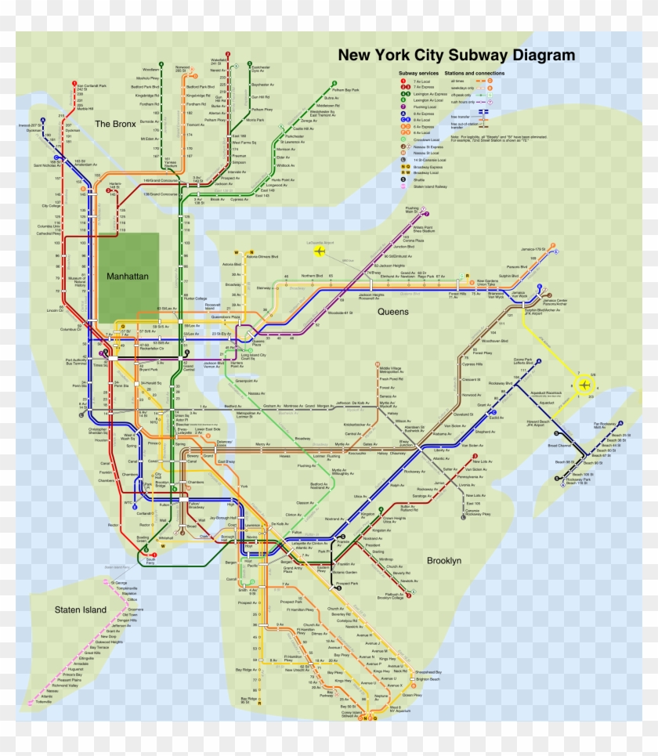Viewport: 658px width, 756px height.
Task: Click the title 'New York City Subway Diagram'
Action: point(456,55)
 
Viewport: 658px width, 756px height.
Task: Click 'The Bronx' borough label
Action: point(116,124)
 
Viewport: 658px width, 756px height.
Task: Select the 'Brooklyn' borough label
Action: point(444,561)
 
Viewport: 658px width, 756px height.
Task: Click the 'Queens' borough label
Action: point(393,311)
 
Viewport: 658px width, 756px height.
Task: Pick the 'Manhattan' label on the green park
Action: point(128,276)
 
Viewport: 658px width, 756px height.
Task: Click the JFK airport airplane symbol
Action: point(584,384)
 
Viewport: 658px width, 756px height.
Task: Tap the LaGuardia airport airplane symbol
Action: point(320,251)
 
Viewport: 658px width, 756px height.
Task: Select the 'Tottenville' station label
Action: point(43,701)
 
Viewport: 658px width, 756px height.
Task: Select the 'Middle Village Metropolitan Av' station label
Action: point(394,369)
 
